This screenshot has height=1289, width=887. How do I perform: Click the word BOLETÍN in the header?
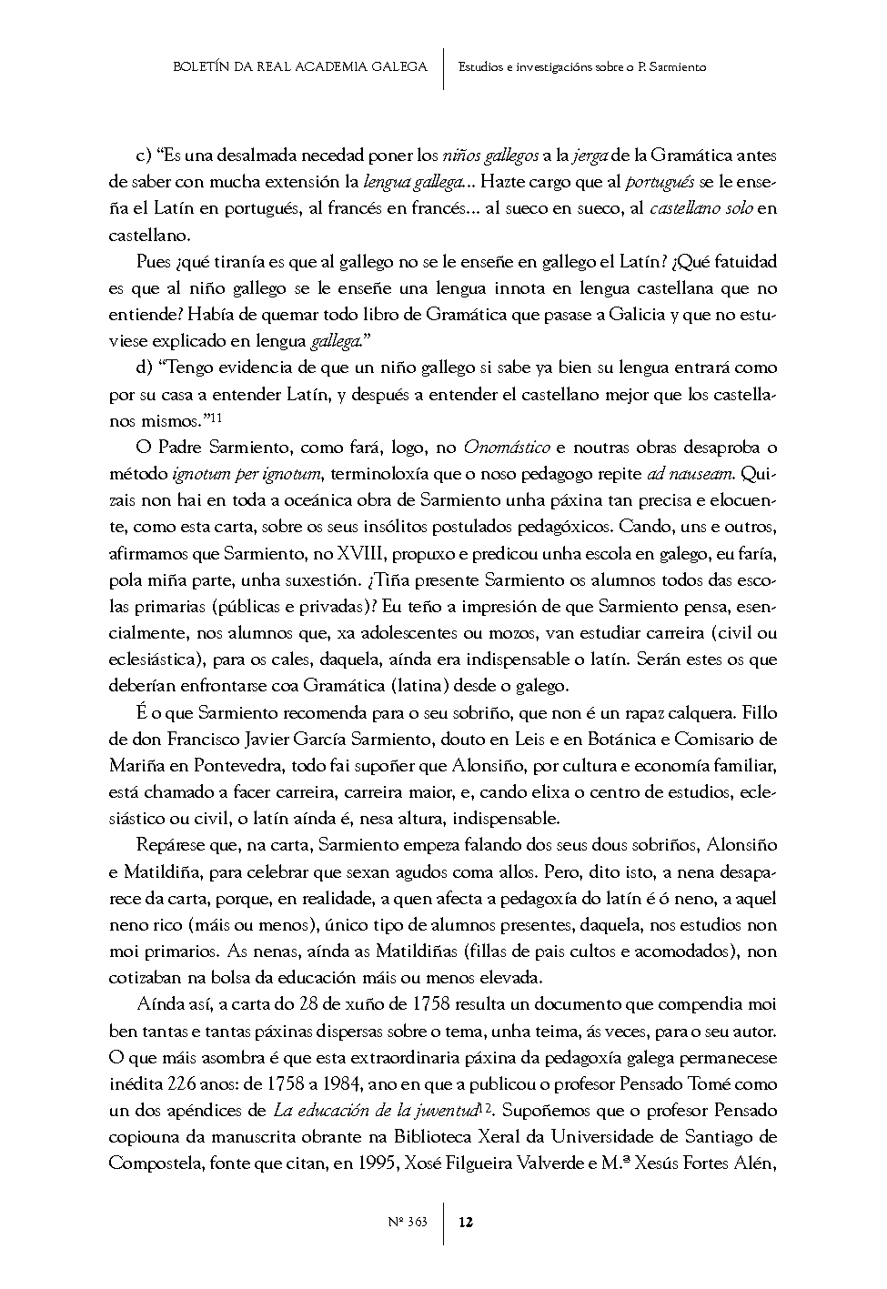click(197, 66)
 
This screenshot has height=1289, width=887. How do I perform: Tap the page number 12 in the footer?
click(465, 1222)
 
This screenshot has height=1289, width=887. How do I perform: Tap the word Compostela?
click(150, 1163)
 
